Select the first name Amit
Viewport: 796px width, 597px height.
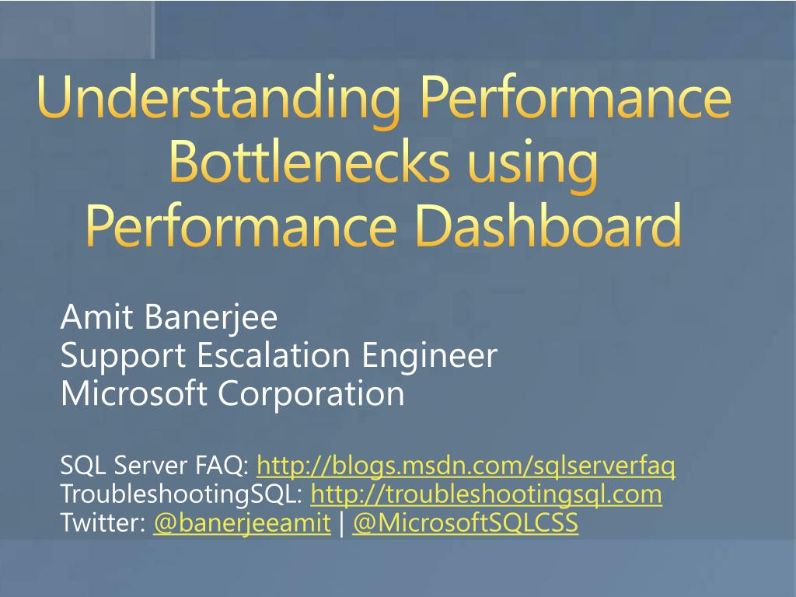click(x=91, y=318)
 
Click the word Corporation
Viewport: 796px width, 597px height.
click(x=311, y=393)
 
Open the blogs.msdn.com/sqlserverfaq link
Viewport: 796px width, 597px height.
click(x=466, y=466)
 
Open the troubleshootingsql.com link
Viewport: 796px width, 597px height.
click(x=486, y=494)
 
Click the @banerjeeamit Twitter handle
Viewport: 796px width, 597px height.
click(x=242, y=523)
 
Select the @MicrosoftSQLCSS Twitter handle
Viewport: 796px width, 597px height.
click(x=465, y=523)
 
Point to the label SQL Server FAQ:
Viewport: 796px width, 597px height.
click(x=154, y=466)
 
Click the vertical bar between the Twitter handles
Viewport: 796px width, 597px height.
click(x=341, y=523)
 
